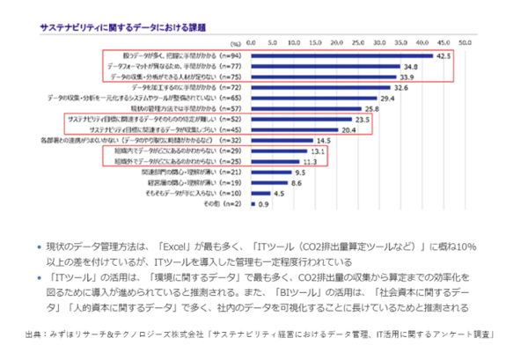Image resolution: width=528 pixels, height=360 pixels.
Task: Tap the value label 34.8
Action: [411, 66]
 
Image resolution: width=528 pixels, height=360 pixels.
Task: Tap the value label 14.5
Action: [324, 140]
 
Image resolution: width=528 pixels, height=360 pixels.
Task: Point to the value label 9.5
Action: [300, 173]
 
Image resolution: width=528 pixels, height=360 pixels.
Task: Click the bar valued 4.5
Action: [259, 193]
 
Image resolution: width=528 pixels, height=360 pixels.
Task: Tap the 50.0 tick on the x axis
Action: [466, 41]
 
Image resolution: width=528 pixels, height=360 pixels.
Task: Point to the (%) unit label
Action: [234, 42]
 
